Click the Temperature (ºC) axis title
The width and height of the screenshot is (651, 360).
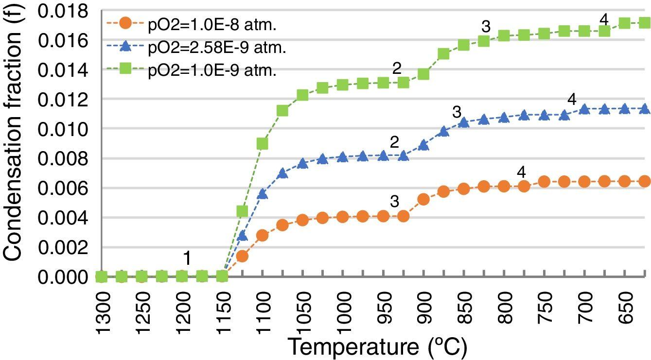coord(377,347)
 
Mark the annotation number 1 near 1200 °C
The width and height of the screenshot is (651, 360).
coord(186,260)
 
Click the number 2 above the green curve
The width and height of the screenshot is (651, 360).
coord(397,69)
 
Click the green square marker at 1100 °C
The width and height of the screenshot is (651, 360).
coord(262,144)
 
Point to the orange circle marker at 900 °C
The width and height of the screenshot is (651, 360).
coord(423,199)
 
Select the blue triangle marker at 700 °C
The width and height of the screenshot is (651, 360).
coord(584,109)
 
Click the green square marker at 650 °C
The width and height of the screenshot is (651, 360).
coord(625,22)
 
